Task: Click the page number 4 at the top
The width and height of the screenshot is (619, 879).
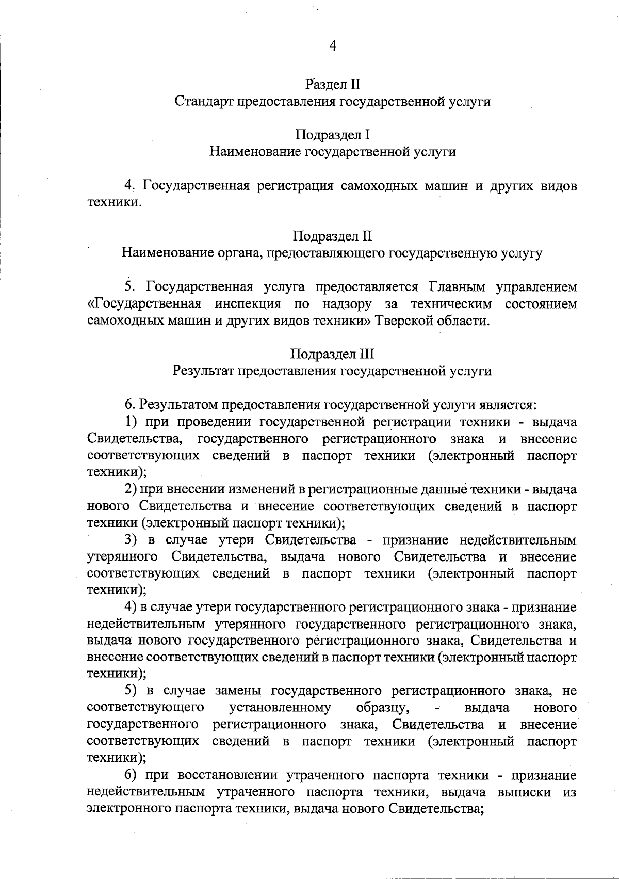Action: tap(333, 46)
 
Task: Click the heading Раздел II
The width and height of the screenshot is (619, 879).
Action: tap(332, 84)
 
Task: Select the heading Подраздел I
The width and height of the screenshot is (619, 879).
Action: tap(332, 135)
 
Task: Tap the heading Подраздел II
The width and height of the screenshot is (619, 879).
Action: tap(332, 236)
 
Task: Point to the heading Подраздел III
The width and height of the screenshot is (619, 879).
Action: tap(332, 354)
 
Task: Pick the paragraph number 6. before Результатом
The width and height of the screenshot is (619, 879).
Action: tap(129, 405)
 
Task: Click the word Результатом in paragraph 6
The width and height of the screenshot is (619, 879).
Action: tap(177, 405)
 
